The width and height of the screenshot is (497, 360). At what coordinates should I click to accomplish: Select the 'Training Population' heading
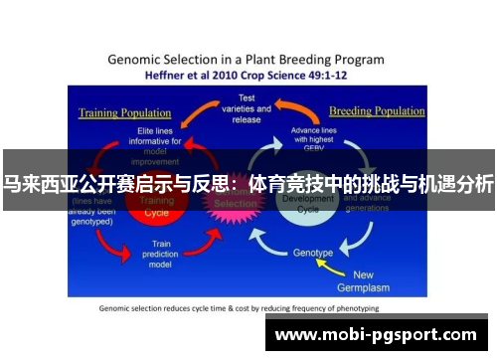point(119,112)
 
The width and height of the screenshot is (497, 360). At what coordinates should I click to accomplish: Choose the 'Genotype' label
point(313,253)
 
